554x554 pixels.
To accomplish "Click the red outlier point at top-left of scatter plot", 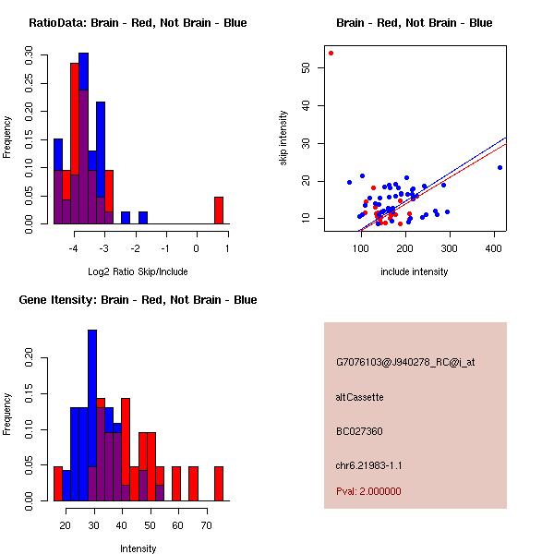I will click(x=331, y=53).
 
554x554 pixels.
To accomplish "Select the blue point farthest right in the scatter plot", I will click(x=500, y=167).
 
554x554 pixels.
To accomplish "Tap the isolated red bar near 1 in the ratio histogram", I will click(x=219, y=211).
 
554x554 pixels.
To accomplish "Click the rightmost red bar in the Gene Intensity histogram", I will click(x=219, y=483).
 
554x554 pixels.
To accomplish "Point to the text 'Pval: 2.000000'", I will click(x=368, y=491).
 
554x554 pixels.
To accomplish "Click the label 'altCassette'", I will click(x=359, y=397).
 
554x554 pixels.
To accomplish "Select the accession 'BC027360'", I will click(x=359, y=431).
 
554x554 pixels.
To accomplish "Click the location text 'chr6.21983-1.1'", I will click(x=368, y=465).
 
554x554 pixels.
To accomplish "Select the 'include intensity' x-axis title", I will click(x=415, y=271).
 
